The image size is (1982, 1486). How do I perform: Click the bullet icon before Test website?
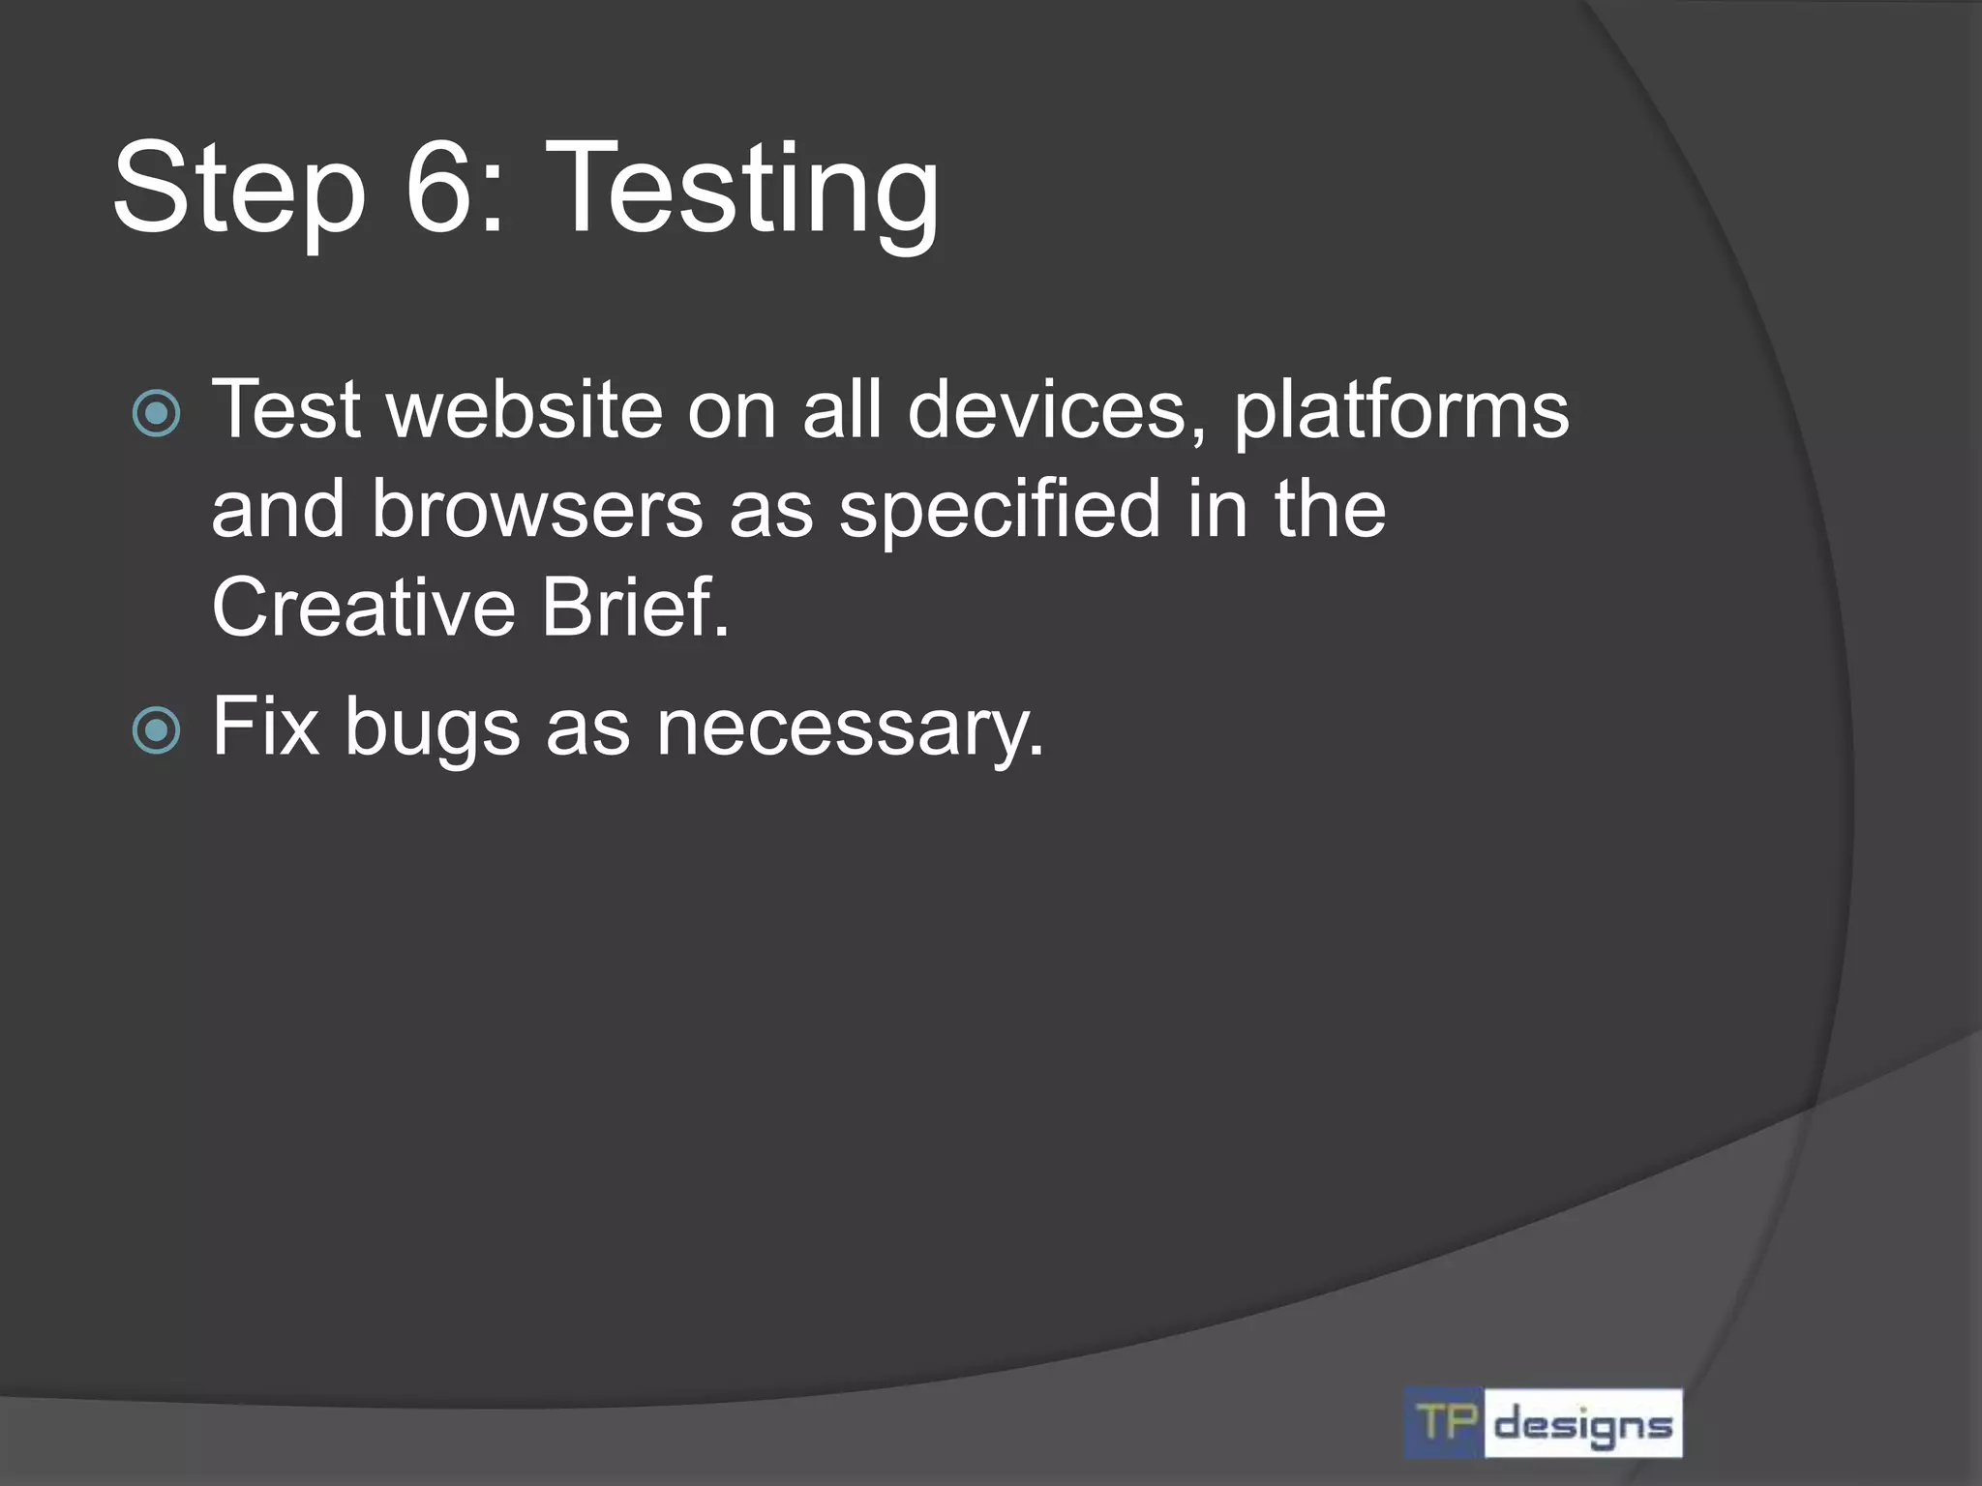pyautogui.click(x=156, y=414)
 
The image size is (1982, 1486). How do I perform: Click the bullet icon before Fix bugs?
pyautogui.click(x=156, y=730)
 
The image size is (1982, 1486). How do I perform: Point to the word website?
pyautogui.click(x=524, y=410)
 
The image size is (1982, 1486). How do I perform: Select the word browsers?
pyautogui.click(x=537, y=510)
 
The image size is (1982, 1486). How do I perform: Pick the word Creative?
pyautogui.click(x=364, y=608)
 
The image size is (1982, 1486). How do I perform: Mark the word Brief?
pyautogui.click(x=635, y=608)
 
